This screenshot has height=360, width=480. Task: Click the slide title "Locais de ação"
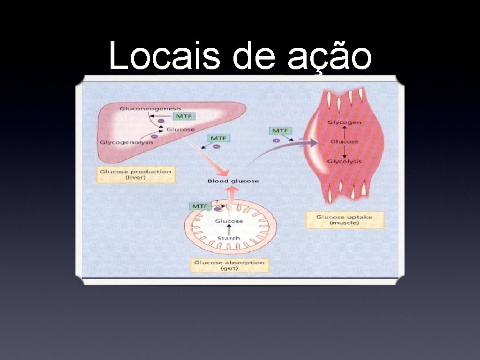click(x=240, y=55)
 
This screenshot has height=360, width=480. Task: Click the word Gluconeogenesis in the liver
click(x=143, y=109)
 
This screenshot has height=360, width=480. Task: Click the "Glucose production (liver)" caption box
click(x=135, y=174)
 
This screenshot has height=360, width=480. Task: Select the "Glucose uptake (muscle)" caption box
click(x=345, y=220)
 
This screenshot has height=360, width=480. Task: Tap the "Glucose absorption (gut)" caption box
click(x=229, y=266)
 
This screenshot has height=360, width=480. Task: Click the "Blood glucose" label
click(x=233, y=181)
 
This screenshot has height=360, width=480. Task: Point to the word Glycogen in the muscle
click(x=345, y=122)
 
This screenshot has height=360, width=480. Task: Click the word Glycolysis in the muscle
click(x=345, y=161)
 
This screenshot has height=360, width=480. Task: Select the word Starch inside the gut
click(x=229, y=238)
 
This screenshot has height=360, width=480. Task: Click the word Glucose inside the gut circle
click(x=229, y=221)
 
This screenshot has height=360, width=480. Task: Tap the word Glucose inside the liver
click(x=180, y=129)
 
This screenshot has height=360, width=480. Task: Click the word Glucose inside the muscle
click(x=345, y=142)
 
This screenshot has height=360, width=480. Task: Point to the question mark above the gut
click(x=217, y=202)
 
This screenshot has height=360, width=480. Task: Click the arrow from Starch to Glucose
click(x=229, y=230)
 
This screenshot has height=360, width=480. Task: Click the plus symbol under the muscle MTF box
click(x=276, y=140)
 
